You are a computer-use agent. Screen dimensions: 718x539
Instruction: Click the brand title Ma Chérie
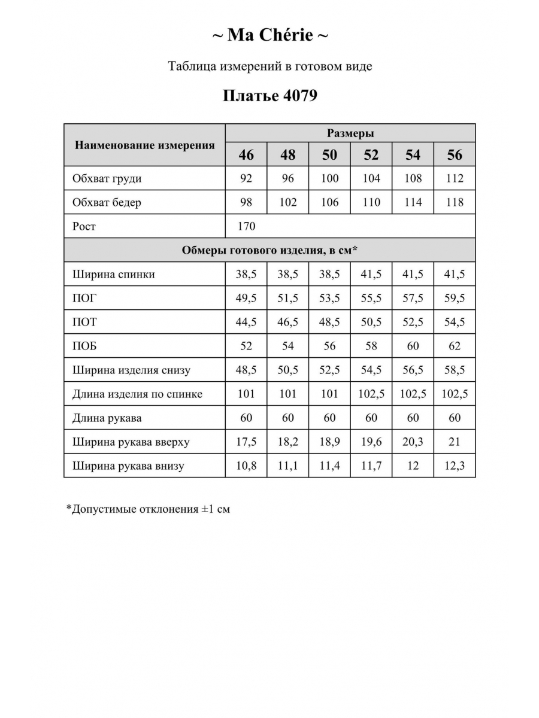(269, 36)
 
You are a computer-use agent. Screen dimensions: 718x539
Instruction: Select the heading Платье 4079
(269, 96)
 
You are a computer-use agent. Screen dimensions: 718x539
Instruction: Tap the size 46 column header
(246, 155)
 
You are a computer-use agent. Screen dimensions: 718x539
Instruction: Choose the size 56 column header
(455, 155)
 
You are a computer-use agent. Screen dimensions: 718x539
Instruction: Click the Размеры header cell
(350, 133)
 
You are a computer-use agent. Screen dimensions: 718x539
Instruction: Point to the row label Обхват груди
(107, 178)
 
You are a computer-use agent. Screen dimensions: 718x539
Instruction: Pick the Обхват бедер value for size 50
(329, 202)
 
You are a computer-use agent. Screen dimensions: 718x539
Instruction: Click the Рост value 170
(246, 226)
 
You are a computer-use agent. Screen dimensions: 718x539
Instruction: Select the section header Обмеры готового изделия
(269, 250)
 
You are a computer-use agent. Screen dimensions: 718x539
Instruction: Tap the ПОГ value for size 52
(371, 298)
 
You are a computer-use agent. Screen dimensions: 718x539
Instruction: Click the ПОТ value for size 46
(246, 322)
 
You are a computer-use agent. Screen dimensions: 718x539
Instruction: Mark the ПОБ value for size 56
(455, 346)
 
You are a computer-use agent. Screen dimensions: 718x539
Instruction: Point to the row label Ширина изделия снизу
(131, 370)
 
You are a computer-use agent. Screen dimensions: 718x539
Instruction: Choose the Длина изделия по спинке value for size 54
(413, 394)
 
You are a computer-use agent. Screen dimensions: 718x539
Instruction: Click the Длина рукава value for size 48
(288, 418)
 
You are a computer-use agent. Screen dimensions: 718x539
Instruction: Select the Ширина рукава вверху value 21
(455, 442)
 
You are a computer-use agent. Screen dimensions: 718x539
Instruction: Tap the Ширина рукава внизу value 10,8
(246, 466)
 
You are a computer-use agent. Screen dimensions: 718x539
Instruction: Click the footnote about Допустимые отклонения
(148, 509)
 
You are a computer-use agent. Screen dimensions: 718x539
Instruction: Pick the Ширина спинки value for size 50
(329, 274)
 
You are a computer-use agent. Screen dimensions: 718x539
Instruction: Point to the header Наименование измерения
(144, 145)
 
